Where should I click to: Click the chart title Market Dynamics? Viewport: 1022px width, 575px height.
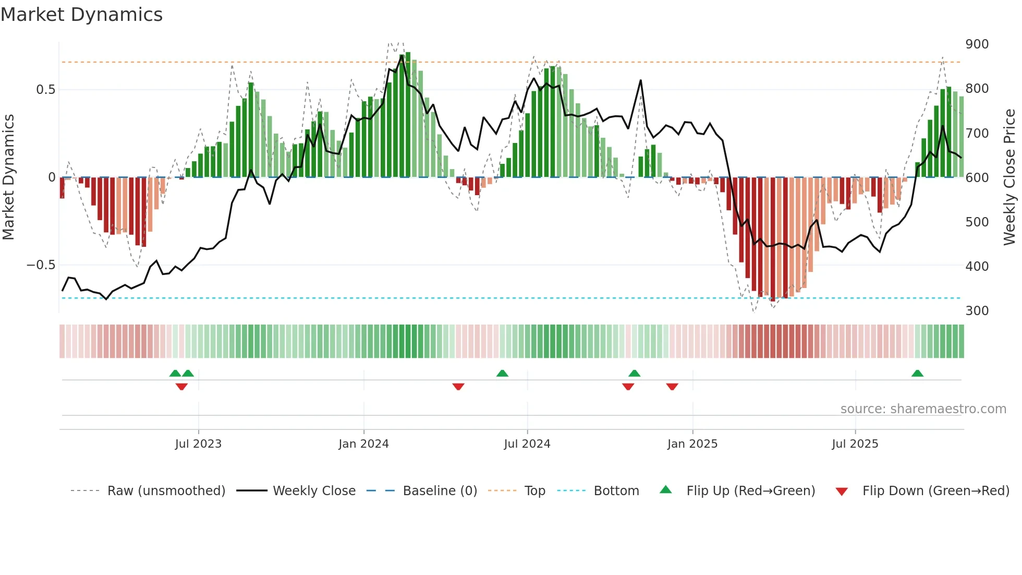(81, 15)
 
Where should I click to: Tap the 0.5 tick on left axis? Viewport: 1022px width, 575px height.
(45, 90)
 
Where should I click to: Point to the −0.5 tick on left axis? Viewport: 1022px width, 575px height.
(41, 265)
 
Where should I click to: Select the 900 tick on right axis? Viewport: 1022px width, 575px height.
(977, 44)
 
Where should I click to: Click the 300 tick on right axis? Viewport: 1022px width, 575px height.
(977, 311)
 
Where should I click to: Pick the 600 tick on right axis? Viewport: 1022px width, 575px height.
(977, 178)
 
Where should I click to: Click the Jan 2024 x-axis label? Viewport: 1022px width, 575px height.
(363, 444)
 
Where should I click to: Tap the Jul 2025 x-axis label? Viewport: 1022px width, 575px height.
(855, 444)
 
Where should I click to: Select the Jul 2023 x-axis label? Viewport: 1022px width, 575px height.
(198, 444)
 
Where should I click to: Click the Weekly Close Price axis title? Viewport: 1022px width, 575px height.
(1009, 177)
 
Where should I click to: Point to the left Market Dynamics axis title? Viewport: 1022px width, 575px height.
(8, 177)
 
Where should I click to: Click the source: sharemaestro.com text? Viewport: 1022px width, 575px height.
(923, 409)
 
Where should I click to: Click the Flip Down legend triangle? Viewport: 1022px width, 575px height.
(841, 492)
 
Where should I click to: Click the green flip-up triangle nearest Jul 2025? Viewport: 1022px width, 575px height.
(917, 374)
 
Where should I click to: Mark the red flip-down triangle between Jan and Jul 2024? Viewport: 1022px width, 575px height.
(458, 387)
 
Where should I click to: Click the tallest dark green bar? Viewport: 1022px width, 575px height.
(408, 115)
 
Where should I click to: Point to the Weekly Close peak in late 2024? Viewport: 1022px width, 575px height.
(640, 81)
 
